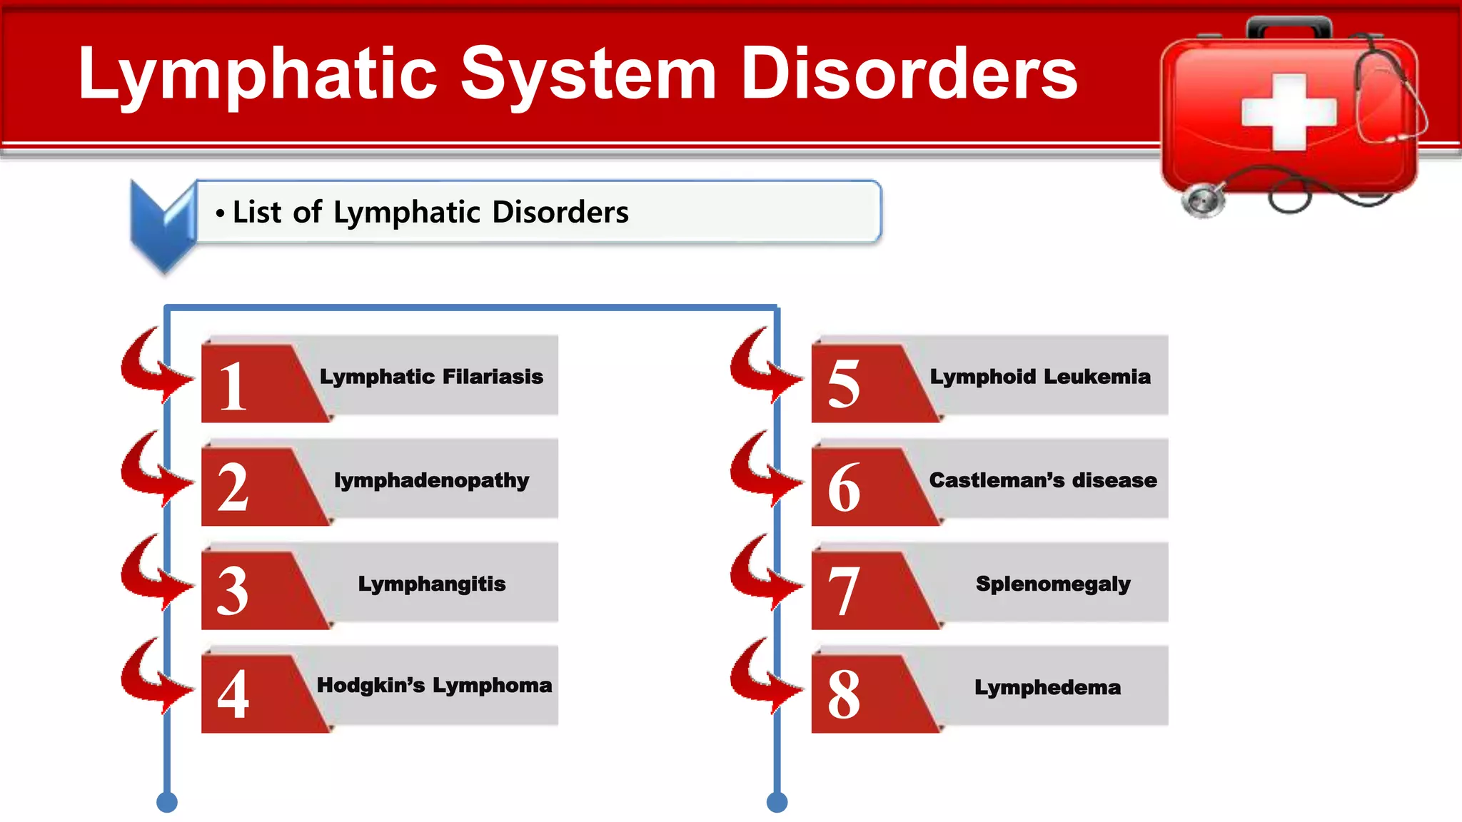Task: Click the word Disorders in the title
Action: [908, 73]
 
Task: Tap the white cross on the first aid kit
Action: [1289, 112]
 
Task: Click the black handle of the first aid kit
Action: [1289, 27]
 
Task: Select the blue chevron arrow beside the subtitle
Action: [163, 225]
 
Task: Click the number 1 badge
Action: [233, 386]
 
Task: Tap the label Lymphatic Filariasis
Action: [431, 376]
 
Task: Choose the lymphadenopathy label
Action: [431, 480]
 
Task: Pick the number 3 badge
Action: [233, 591]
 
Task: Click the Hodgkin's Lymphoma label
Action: [434, 686]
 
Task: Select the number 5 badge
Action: [844, 384]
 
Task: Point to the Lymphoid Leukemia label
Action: [1040, 376]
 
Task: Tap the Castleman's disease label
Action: [1043, 480]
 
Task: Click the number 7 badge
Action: [844, 591]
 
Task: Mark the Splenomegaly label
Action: [1053, 584]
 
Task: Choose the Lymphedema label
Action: [1047, 687]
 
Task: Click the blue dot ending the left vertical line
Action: [167, 802]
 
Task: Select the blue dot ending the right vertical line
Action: [777, 802]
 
